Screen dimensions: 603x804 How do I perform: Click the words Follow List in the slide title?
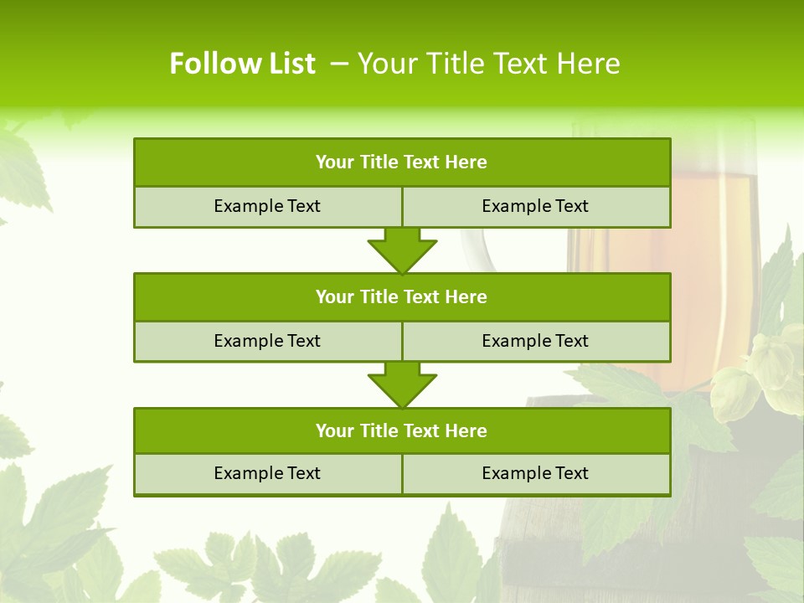pos(242,64)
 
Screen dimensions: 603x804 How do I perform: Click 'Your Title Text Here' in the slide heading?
pos(488,64)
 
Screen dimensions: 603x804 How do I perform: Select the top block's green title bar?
pos(402,162)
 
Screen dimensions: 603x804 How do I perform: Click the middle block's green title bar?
pos(402,296)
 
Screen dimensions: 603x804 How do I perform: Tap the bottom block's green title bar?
pos(402,430)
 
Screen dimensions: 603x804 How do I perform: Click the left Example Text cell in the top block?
pos(267,206)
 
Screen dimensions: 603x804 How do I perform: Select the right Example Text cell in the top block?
pos(535,206)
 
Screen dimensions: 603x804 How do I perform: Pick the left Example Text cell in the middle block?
pos(267,341)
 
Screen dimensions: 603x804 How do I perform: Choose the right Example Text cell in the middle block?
pos(535,341)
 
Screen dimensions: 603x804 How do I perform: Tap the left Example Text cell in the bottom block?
pos(267,473)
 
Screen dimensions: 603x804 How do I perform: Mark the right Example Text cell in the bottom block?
pos(535,473)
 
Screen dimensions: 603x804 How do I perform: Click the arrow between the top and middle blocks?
pos(402,250)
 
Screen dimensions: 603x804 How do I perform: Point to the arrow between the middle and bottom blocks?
pos(402,384)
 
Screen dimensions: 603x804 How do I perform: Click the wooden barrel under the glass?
pos(586,536)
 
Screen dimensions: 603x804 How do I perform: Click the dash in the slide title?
pos(339,64)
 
